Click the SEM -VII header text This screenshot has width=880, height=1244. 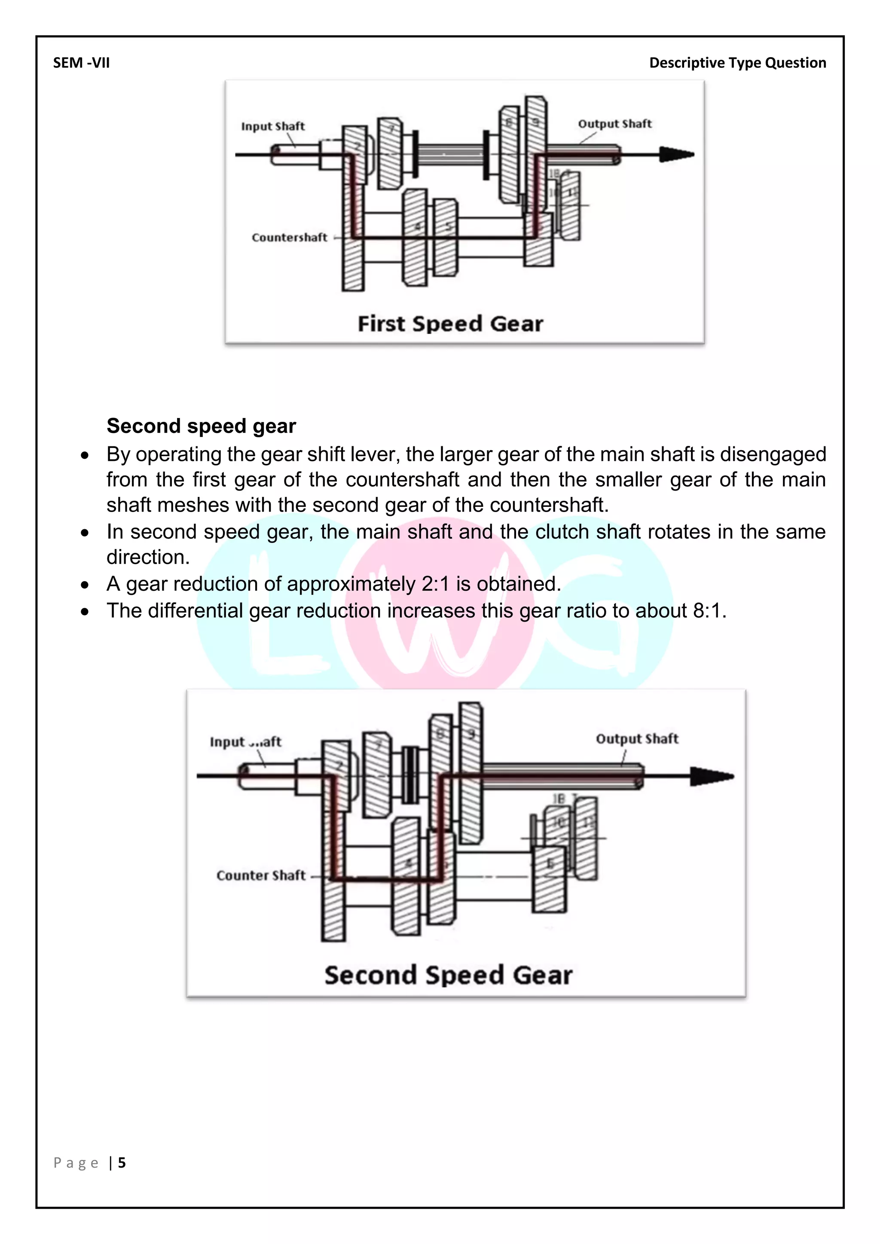pos(81,63)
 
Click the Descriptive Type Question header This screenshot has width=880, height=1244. pos(737,63)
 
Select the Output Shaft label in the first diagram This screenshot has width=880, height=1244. pos(614,124)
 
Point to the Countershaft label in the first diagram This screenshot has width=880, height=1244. pos(289,237)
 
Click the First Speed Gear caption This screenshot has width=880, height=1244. pos(450,324)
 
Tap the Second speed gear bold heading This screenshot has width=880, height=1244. pos(201,426)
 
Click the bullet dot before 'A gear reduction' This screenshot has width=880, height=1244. pos(85,585)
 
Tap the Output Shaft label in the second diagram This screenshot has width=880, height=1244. pos(637,738)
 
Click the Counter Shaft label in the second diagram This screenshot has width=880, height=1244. pos(261,875)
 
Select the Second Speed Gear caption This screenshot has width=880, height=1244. pos(448,975)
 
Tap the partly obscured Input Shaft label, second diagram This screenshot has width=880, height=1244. pos(245,742)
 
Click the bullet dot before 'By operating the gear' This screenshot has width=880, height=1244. pos(85,456)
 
